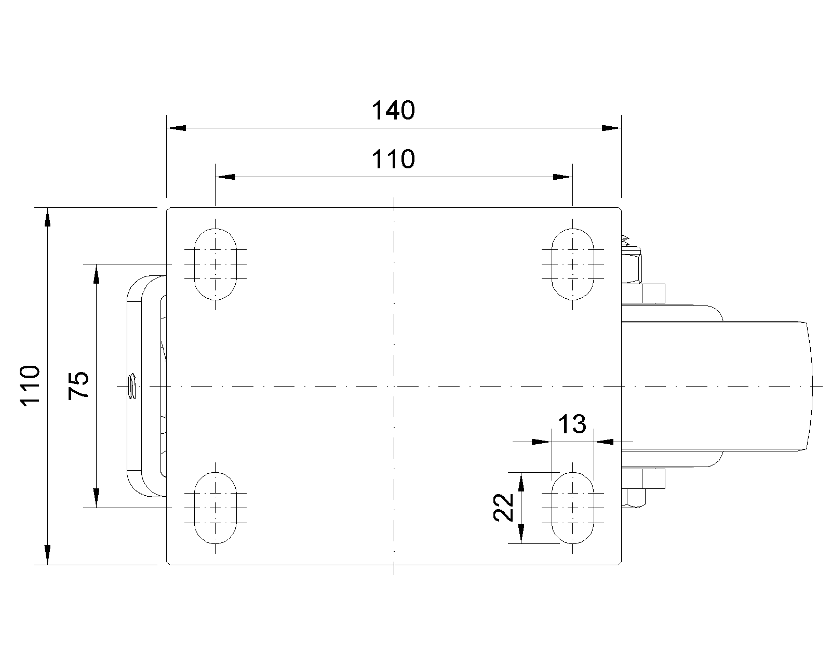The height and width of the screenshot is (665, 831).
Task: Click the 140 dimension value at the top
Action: pos(393,111)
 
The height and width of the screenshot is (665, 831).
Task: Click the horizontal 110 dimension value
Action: pos(393,159)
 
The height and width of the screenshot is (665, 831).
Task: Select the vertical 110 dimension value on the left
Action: pos(30,385)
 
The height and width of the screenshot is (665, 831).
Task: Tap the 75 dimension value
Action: pos(79,385)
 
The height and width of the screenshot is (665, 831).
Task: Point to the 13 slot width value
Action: pos(572,424)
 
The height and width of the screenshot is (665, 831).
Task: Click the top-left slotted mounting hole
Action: pos(216,264)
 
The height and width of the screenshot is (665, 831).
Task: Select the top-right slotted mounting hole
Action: pos(572,264)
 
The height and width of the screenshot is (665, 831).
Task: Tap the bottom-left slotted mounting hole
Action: pos(216,508)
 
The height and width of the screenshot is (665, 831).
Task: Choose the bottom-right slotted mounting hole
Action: pos(572,508)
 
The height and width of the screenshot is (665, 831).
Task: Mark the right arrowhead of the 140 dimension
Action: pos(611,128)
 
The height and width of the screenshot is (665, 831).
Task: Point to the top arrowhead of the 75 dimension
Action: pos(96,274)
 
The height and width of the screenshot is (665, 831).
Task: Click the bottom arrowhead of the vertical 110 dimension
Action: pos(47,554)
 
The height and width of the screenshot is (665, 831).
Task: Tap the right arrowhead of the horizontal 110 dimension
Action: pos(562,177)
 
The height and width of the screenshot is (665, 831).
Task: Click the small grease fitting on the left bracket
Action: pos(132,386)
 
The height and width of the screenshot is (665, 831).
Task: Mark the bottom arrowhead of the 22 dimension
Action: pos(521,534)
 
